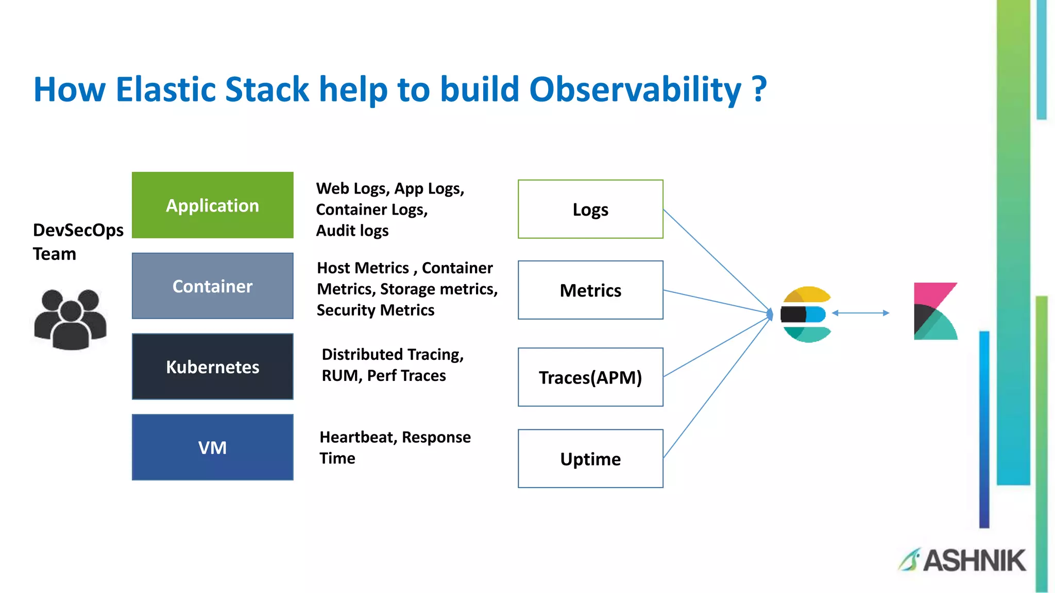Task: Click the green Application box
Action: tap(212, 205)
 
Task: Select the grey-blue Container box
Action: tap(212, 286)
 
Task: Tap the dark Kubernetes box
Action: tap(212, 367)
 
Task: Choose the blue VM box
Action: tap(212, 447)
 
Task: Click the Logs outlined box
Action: tap(590, 209)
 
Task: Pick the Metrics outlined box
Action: tap(590, 290)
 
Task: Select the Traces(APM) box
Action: tap(590, 377)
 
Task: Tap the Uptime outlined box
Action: tap(590, 459)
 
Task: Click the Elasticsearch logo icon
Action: tap(806, 314)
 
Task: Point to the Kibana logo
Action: tap(935, 311)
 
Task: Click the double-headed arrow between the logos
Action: tap(860, 313)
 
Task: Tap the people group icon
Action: tap(71, 319)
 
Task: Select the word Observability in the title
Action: tap(635, 90)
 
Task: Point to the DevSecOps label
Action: tap(78, 230)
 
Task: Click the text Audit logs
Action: tap(352, 231)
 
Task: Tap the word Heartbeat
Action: tap(358, 437)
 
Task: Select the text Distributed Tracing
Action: tap(393, 354)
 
